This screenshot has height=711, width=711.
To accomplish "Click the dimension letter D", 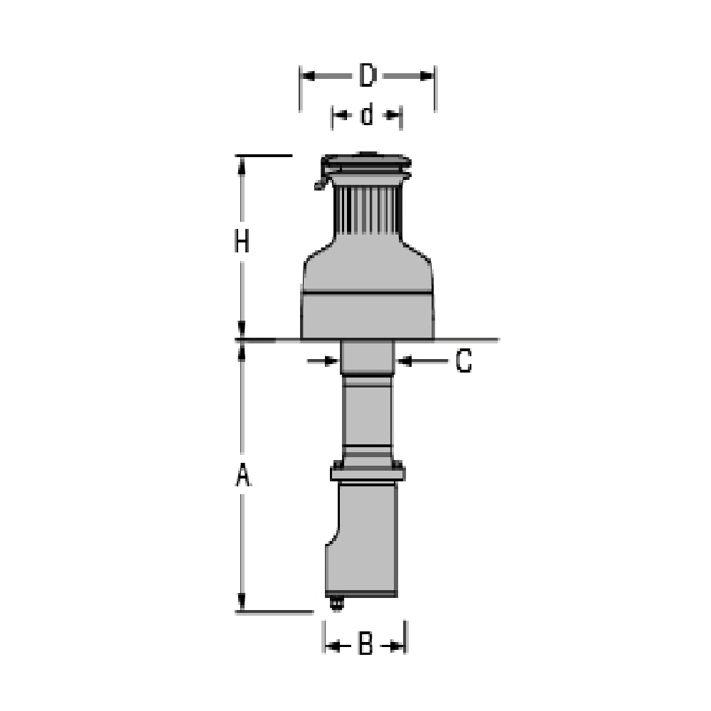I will pos(367,75).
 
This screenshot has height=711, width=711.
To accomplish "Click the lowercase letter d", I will pos(367,114).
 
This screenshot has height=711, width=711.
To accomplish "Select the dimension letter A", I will pos(242,476).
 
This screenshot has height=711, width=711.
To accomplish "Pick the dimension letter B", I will pos(365,645).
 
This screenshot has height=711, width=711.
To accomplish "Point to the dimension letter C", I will pos(463,362).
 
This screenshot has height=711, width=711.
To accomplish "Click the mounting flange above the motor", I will pos(368,472).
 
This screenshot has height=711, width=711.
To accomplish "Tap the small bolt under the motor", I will pos(336,604).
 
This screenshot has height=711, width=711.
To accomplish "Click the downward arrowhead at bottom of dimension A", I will pos(242,602).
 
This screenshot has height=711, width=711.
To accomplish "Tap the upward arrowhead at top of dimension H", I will pos(242,165).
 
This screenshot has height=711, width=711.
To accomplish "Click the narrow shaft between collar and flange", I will pos(367,412).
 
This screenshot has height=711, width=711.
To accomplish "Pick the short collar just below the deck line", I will pos(367,357).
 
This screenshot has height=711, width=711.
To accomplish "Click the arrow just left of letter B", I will pos(335,646).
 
